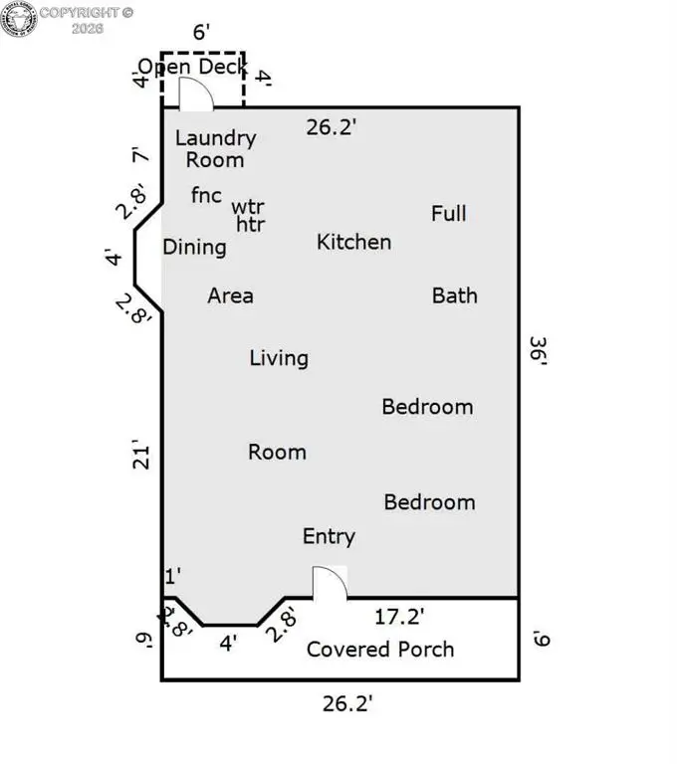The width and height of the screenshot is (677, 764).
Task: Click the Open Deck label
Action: [x=193, y=67]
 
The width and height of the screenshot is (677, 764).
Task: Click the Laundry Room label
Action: [x=216, y=148]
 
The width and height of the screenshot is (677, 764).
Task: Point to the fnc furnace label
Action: [x=206, y=195]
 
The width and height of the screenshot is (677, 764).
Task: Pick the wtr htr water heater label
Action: [x=249, y=215]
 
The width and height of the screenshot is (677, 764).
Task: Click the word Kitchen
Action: [x=354, y=242]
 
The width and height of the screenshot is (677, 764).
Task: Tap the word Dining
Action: [x=194, y=248]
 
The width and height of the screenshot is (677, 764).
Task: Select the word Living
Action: [x=279, y=358]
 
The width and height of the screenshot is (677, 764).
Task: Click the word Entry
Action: [x=330, y=537]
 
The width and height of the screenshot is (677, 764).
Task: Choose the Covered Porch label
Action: [x=380, y=650]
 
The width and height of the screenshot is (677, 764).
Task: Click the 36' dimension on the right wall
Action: [x=539, y=350]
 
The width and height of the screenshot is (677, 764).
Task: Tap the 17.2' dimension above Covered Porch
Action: [x=399, y=617]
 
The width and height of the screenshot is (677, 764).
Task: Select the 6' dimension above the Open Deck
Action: [x=201, y=32]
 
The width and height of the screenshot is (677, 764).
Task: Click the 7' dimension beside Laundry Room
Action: [x=140, y=155]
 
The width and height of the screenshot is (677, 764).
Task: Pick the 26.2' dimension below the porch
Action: [x=347, y=703]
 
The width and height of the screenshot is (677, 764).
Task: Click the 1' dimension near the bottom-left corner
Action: [x=173, y=576]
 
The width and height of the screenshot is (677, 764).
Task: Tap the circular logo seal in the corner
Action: [x=19, y=19]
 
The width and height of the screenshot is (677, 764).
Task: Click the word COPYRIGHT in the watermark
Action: [x=80, y=13]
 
